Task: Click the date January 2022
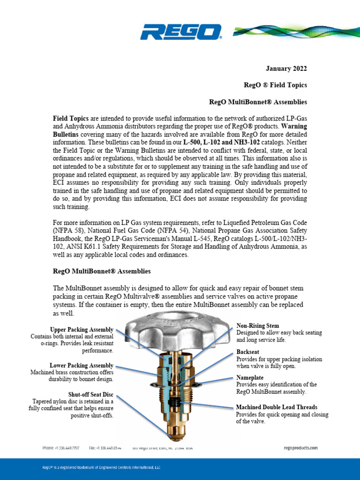(x=286, y=69)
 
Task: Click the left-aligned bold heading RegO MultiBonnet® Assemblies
(x=101, y=271)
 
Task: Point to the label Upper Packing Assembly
(x=82, y=329)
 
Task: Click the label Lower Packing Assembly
(x=82, y=365)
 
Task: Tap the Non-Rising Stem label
(x=257, y=325)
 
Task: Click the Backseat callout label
(x=249, y=352)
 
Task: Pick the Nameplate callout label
(x=250, y=377)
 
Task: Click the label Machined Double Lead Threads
(x=277, y=407)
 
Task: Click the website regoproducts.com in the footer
(x=300, y=448)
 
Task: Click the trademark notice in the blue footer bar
(x=101, y=467)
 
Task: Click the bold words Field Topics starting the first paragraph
(x=71, y=119)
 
